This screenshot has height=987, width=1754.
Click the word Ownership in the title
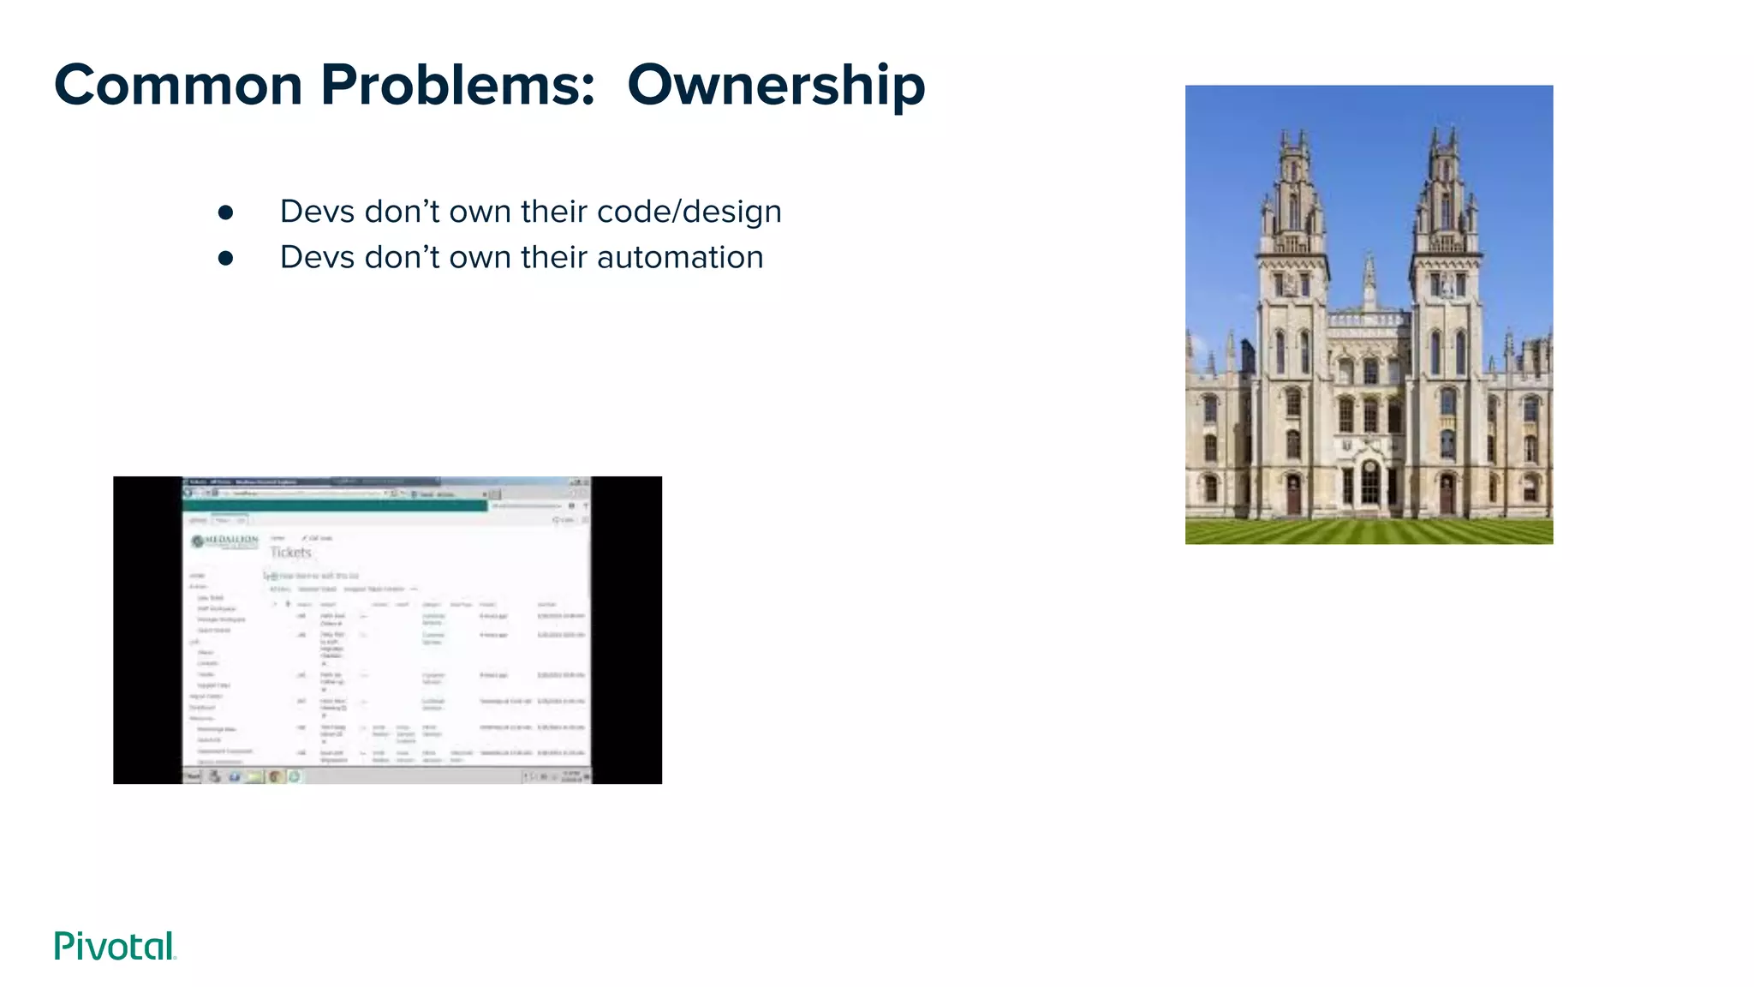coord(775,86)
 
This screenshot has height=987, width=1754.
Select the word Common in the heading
coord(178,86)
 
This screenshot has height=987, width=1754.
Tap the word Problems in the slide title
coord(458,86)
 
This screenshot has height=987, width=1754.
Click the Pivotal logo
coord(115,946)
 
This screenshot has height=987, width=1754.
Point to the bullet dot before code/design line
coord(225,212)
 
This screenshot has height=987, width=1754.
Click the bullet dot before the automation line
coord(225,258)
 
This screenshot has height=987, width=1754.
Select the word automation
coord(679,257)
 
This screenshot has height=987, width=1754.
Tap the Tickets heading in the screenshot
coord(290,553)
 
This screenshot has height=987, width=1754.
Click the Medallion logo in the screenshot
coord(225,541)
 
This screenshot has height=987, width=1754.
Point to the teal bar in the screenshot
coord(335,505)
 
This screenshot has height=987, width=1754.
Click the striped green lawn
coord(1369,531)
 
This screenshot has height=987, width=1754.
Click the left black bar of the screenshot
coord(147,630)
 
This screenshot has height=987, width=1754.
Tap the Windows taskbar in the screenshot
coord(385,776)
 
